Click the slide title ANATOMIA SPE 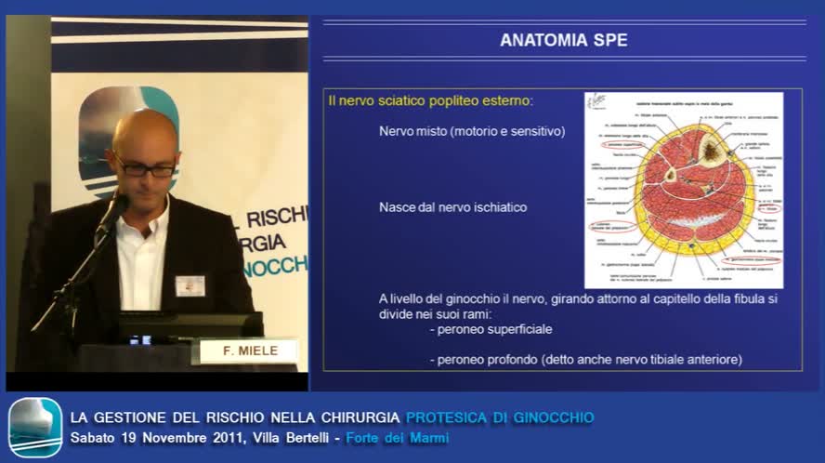point(563,40)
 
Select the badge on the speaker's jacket point(190,285)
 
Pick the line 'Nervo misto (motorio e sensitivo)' point(471,131)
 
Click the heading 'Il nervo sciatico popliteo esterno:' point(430,100)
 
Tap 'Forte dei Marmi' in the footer point(397,438)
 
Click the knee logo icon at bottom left point(35,428)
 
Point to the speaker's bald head point(145,130)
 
